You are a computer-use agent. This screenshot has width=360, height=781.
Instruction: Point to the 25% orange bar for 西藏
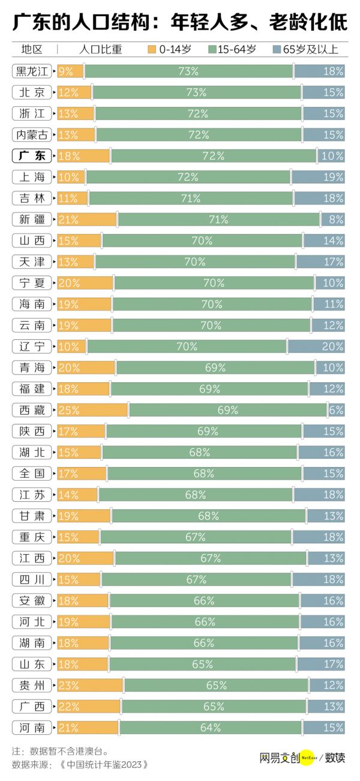click(92, 410)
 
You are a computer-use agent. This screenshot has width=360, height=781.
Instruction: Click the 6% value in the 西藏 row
click(337, 410)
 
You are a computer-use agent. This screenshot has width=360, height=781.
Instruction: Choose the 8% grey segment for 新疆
click(333, 220)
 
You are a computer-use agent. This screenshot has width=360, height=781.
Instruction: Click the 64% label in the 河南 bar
click(210, 728)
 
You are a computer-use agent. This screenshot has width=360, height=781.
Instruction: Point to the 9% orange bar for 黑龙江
click(70, 71)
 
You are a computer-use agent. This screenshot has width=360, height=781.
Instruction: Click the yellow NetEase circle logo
click(308, 758)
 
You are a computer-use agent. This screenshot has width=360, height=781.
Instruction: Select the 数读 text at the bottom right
click(335, 758)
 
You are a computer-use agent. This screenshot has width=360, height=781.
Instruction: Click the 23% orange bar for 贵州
click(90, 685)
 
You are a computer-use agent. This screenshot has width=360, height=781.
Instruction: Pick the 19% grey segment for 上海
click(319, 177)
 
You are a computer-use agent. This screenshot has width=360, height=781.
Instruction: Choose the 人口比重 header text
click(100, 49)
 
